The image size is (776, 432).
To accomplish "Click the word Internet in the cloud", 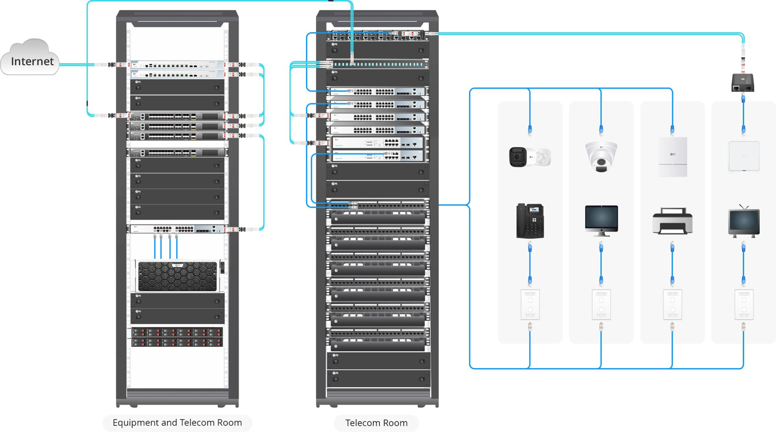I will [32, 62].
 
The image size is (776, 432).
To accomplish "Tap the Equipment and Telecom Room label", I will [177, 423].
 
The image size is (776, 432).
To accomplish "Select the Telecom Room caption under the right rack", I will [376, 423].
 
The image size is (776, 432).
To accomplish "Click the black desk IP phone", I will [530, 220].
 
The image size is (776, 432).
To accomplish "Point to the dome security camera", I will [601, 156].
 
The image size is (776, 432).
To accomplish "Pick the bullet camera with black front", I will [529, 157].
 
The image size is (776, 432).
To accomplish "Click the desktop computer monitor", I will [601, 220].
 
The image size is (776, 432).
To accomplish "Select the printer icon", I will [672, 221].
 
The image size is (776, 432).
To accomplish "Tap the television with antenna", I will [744, 221].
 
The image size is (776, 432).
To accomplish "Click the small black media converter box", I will [743, 83].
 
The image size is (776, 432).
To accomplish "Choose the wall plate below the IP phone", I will [530, 304].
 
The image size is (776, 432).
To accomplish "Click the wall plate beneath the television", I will [744, 304].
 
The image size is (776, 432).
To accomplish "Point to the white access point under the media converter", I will [744, 156].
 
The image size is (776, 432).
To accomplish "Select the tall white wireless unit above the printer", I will [673, 157].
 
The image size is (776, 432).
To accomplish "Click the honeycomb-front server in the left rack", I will [178, 276].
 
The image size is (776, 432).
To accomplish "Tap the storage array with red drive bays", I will [177, 337].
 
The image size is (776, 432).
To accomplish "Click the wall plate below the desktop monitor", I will [601, 304].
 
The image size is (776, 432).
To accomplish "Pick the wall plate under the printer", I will [673, 304].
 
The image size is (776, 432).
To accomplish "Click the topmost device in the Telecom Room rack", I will [377, 35].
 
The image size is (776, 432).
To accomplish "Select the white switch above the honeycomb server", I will [178, 229].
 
